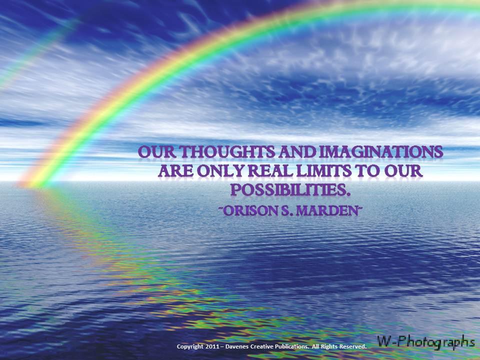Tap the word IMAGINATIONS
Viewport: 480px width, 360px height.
(x=381, y=152)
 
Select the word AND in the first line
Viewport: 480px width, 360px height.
(x=297, y=152)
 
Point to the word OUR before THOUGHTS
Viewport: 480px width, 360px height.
(x=157, y=152)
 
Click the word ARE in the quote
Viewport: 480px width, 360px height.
(x=175, y=171)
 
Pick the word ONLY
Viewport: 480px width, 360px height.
(x=221, y=171)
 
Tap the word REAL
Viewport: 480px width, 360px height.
(x=271, y=171)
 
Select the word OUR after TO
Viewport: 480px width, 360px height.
(x=403, y=171)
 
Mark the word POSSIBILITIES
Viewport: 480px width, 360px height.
(x=290, y=190)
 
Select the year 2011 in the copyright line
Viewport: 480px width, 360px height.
(x=212, y=346)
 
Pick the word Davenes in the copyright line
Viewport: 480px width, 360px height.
(x=237, y=346)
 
